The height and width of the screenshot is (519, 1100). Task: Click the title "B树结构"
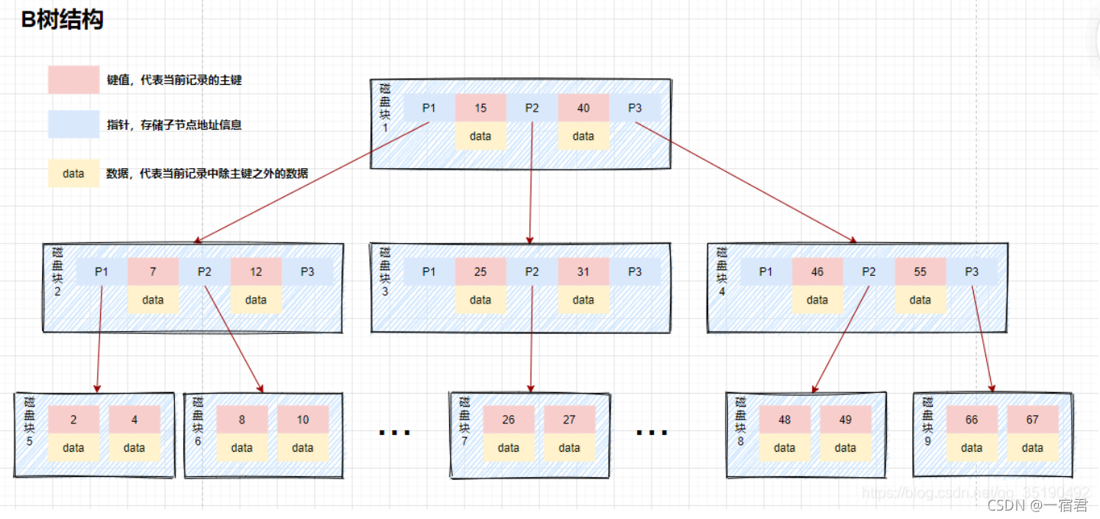pyautogui.click(x=62, y=20)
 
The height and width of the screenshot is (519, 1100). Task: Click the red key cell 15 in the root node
pyautogui.click(x=480, y=108)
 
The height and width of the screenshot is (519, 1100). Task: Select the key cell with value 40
pyautogui.click(x=583, y=108)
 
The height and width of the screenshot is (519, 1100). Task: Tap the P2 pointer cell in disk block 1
pyautogui.click(x=532, y=108)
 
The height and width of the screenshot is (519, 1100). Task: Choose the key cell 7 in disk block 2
pyautogui.click(x=153, y=271)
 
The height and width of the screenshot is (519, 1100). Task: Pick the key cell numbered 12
pyautogui.click(x=256, y=271)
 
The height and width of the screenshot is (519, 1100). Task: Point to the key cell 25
pyautogui.click(x=480, y=271)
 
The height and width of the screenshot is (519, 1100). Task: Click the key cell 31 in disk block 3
pyautogui.click(x=583, y=271)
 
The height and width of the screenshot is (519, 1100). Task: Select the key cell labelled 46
pyautogui.click(x=817, y=271)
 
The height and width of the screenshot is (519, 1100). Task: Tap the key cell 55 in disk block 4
pyautogui.click(x=920, y=271)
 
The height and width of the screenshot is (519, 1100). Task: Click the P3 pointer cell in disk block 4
pyautogui.click(x=972, y=271)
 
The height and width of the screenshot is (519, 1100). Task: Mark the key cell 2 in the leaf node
pyautogui.click(x=73, y=420)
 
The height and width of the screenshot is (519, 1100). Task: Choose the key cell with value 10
pyautogui.click(x=302, y=420)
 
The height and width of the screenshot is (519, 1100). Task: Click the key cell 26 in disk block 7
pyautogui.click(x=508, y=420)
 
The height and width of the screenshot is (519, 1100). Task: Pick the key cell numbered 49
pyautogui.click(x=846, y=420)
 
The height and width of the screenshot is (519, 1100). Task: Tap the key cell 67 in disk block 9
pyautogui.click(x=1033, y=420)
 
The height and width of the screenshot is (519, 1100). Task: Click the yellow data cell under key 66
pyautogui.click(x=972, y=448)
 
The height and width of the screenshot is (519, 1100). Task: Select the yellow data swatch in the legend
pyautogui.click(x=73, y=174)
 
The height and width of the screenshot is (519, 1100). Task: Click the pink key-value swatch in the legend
pyautogui.click(x=73, y=79)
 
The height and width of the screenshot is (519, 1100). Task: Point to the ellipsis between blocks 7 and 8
pyautogui.click(x=652, y=433)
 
